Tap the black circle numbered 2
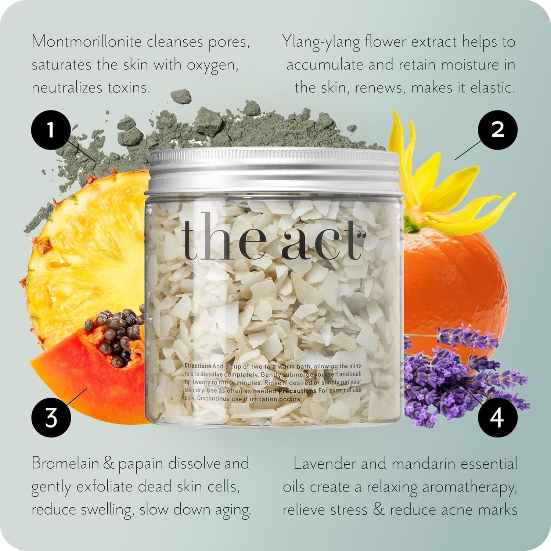pyautogui.click(x=498, y=129)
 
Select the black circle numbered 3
pyautogui.click(x=51, y=418)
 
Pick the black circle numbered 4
pyautogui.click(x=498, y=418)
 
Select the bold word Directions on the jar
pyautogui.click(x=198, y=366)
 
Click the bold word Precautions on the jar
pyautogui.click(x=297, y=391)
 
